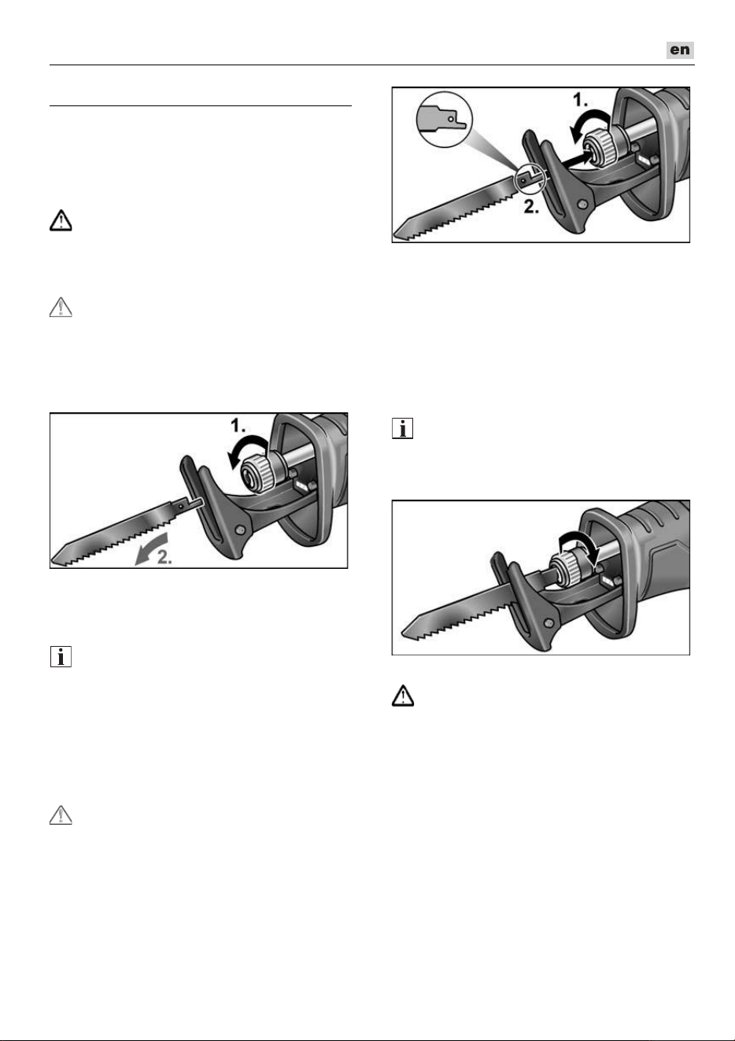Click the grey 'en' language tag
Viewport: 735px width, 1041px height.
coord(680,50)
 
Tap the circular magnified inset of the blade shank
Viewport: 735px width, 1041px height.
coord(445,120)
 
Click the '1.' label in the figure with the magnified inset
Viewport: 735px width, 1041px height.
coord(580,99)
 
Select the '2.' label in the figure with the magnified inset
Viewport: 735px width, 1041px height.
coord(531,207)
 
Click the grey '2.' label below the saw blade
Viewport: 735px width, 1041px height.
coord(164,557)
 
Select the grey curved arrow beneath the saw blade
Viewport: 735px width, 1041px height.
coord(150,548)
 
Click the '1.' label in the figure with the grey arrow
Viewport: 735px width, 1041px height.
coord(238,425)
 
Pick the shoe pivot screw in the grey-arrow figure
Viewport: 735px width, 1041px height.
coord(240,530)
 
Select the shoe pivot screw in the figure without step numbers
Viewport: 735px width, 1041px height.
coord(549,622)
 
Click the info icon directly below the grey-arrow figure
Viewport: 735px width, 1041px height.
coord(61,657)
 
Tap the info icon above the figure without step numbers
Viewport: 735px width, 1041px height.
coord(403,429)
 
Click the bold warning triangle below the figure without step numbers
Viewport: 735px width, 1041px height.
coord(403,696)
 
